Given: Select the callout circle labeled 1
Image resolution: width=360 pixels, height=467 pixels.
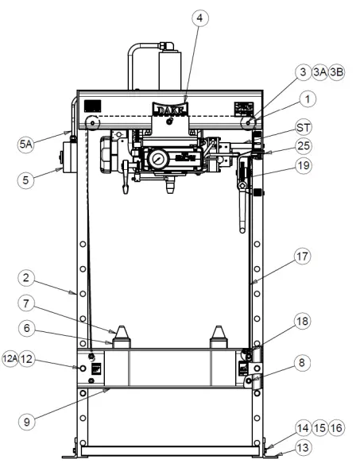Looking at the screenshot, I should (307, 100).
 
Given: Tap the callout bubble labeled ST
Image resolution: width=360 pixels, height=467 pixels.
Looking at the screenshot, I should (304, 127).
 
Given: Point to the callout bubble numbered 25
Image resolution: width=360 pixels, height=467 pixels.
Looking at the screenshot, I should (304, 146).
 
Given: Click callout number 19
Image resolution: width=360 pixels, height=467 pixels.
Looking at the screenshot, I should (304, 168).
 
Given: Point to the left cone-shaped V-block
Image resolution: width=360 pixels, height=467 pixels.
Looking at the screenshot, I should (121, 336).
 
